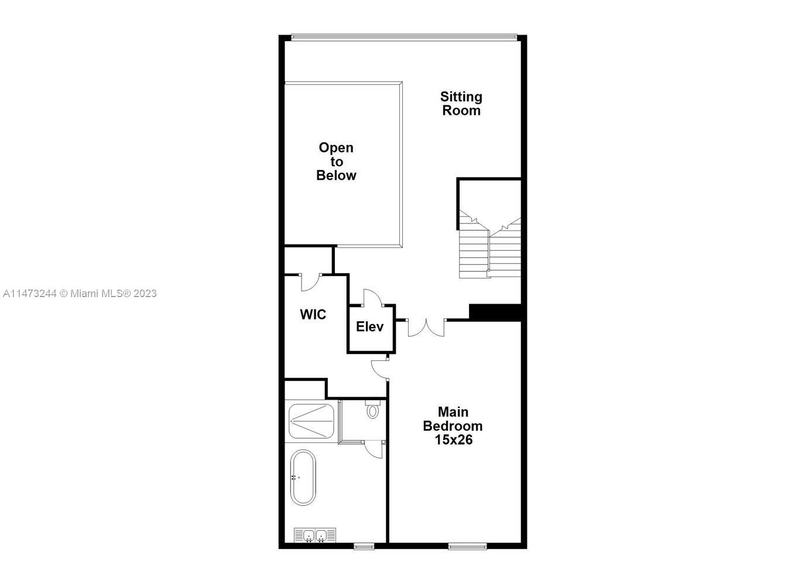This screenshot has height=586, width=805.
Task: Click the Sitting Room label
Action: [461, 104]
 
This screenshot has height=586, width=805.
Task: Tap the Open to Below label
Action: [336, 161]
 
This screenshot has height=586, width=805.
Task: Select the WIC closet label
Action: [313, 315]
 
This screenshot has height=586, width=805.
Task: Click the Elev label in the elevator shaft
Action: [370, 326]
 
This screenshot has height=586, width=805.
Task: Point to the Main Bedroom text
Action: [453, 419]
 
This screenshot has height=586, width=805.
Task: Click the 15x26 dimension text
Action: [453, 439]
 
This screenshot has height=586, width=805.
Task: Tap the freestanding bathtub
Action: [303, 477]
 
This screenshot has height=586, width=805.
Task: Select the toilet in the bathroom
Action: [372, 410]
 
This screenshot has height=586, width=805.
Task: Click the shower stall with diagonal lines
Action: [311, 421]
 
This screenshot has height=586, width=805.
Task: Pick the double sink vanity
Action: [315, 535]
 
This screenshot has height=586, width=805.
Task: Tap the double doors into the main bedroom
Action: [426, 327]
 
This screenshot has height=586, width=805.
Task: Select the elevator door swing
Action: [372, 298]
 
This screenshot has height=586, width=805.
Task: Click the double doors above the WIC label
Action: [310, 281]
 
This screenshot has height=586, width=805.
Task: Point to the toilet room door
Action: [374, 449]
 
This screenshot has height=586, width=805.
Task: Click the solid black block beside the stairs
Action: [495, 312]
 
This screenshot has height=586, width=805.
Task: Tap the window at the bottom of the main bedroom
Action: [467, 547]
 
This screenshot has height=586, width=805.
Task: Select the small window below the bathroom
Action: [364, 547]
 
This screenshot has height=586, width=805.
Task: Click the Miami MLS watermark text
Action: [80, 294]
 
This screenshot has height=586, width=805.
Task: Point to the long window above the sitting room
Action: [404, 38]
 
